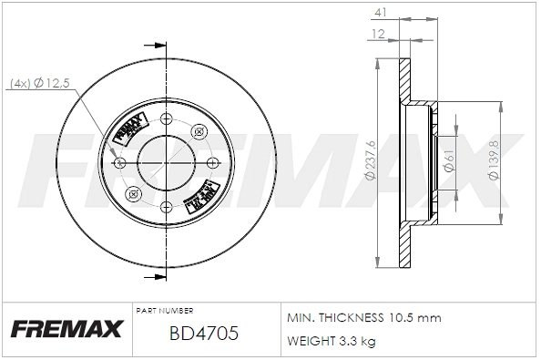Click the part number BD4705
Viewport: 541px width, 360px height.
204,334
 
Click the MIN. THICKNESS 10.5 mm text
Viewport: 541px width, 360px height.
363,318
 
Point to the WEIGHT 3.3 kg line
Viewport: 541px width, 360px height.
332,341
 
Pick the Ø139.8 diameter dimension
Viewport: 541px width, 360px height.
493,161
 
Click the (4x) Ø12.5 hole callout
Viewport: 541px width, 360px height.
39,84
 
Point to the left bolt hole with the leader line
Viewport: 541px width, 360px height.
120,162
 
